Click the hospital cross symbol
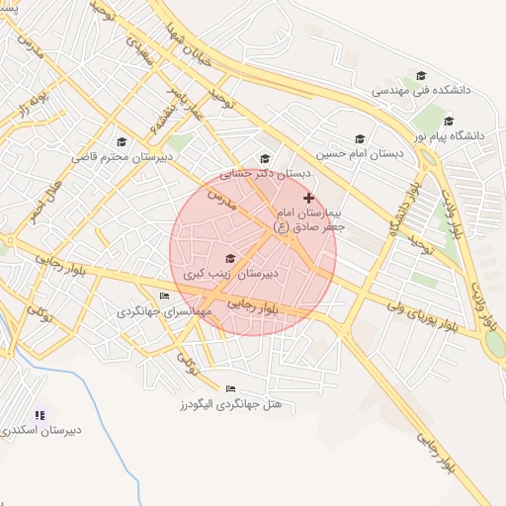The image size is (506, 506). tap(308, 199)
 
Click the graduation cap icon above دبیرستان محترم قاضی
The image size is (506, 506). tap(122, 141)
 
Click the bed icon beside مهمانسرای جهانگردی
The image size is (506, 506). tap(164, 296)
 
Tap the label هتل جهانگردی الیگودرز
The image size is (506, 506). tap(232, 404)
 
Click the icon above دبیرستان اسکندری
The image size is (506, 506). tap(40, 415)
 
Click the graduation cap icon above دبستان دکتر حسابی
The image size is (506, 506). tap(264, 158)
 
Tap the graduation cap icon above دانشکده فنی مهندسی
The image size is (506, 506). tap(421, 75)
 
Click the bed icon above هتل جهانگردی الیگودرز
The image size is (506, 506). tap(231, 388)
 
